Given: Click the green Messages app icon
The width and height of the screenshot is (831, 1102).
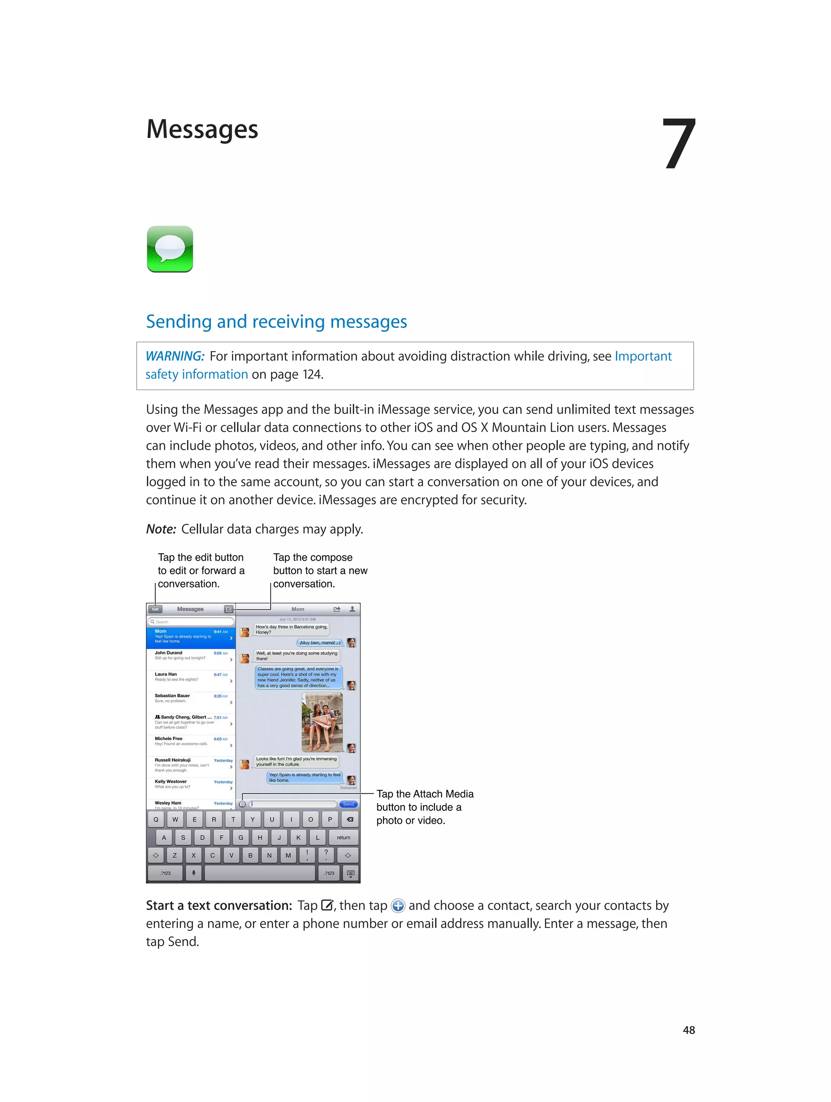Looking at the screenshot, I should (170, 248).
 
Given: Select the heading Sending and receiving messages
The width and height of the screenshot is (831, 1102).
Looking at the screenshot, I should (276, 322).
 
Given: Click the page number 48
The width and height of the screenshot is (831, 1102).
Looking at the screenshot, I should (689, 1030).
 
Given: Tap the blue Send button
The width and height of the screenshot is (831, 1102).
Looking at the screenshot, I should (349, 804).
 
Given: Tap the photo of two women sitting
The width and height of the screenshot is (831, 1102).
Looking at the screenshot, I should (322, 722).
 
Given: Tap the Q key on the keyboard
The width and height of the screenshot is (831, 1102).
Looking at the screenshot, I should (156, 819).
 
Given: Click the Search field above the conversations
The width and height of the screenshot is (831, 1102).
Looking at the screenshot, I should (191, 622).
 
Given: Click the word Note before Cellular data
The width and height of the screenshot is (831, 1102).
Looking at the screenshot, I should (160, 529).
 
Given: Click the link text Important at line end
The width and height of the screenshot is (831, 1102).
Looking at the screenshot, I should (643, 356).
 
